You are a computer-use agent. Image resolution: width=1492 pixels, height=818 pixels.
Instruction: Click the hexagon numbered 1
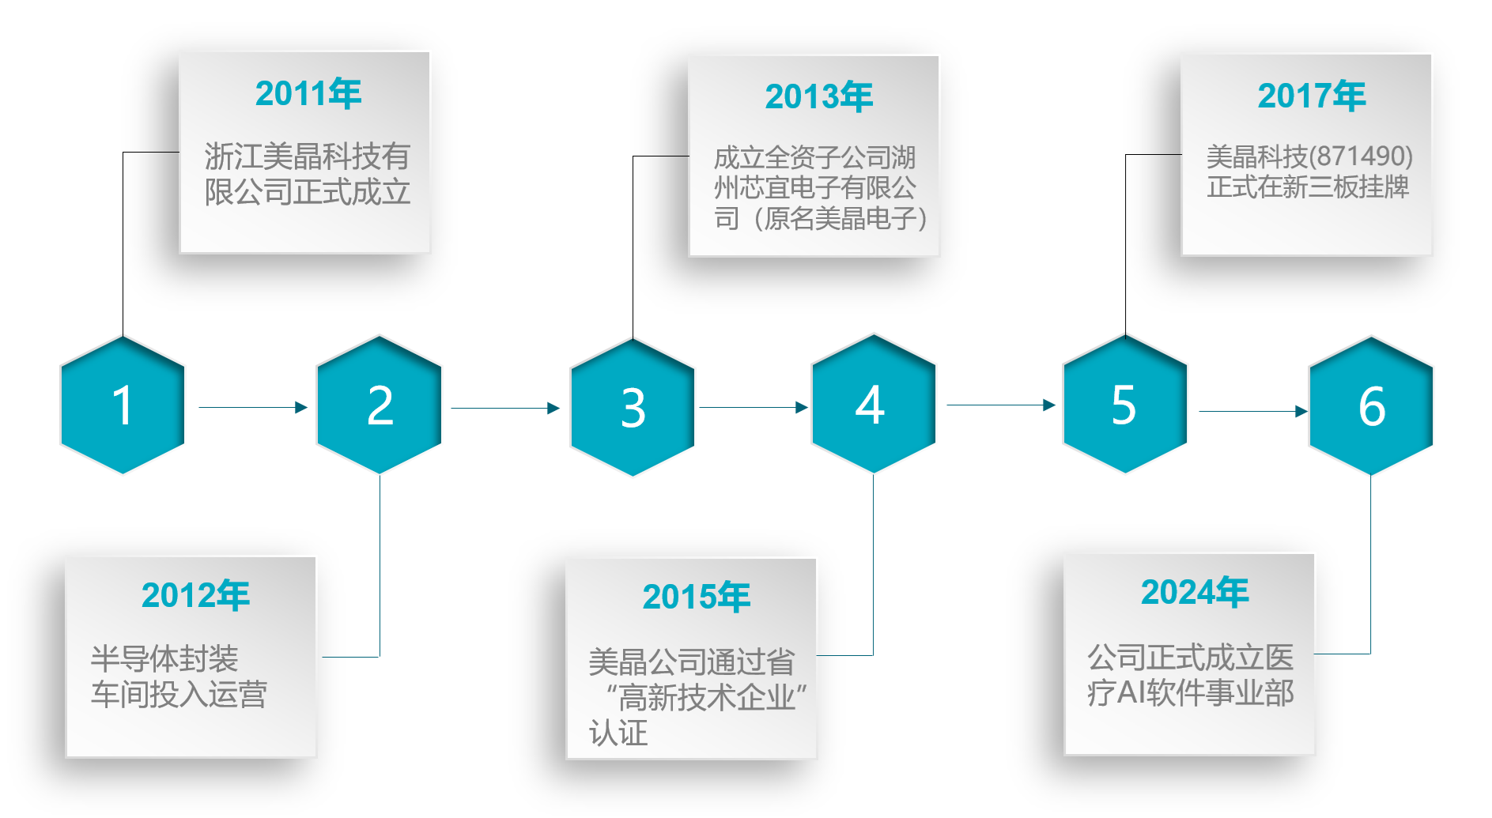[x=123, y=405]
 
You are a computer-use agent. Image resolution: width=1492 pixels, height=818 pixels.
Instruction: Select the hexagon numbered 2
[x=380, y=405]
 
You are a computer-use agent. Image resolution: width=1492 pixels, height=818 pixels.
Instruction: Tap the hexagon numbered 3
[x=633, y=408]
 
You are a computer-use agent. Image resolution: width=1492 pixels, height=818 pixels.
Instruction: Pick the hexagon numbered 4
[x=873, y=405]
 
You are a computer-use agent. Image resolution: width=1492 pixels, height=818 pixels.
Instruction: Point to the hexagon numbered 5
[x=1124, y=405]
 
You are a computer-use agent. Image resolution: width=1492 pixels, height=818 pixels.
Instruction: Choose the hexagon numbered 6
[x=1371, y=406]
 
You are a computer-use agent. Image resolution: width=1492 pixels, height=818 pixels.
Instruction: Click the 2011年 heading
[x=308, y=94]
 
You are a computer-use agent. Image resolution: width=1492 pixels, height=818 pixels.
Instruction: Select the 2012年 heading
[x=195, y=595]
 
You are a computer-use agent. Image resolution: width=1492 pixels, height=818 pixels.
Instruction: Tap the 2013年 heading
[x=818, y=97]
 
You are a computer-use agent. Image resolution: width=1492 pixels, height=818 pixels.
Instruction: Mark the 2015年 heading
[x=697, y=597]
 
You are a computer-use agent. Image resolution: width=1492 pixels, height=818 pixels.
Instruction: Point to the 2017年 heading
[x=1312, y=96]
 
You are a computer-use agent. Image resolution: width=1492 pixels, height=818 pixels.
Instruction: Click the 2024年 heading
[x=1195, y=592]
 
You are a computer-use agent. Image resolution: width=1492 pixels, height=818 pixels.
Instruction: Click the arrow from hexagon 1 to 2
[x=252, y=407]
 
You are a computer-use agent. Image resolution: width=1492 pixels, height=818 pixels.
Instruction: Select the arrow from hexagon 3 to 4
[x=753, y=407]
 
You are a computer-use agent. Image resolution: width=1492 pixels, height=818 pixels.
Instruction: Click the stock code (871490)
[x=1361, y=156]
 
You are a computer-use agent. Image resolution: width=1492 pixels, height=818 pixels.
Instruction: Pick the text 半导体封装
[x=164, y=658]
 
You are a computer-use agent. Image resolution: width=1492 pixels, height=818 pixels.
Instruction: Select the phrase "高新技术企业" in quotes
[x=706, y=698]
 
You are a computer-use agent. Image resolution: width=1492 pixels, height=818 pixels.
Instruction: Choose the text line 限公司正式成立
[x=308, y=192]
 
